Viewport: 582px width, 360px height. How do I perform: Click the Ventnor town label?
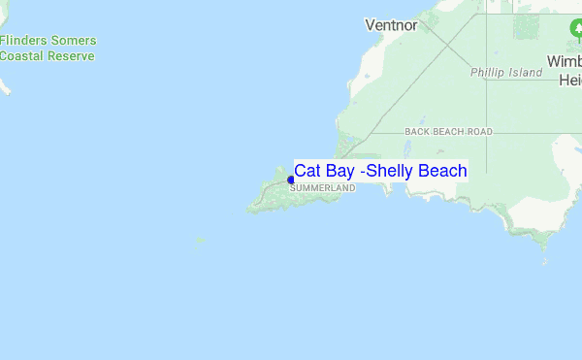(x=391, y=24)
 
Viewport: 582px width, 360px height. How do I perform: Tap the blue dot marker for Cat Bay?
(x=291, y=179)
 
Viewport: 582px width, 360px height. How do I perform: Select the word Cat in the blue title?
(x=307, y=171)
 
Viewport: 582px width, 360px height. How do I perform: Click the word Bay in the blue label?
(x=340, y=172)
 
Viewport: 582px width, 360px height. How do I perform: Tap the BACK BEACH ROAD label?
(x=449, y=131)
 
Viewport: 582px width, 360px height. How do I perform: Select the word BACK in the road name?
(x=417, y=131)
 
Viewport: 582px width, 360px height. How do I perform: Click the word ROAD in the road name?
(x=480, y=131)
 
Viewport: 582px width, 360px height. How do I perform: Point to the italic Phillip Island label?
(x=505, y=73)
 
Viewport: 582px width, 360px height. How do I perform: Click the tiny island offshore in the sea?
(x=201, y=240)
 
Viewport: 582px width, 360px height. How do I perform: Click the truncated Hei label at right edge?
(x=569, y=81)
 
